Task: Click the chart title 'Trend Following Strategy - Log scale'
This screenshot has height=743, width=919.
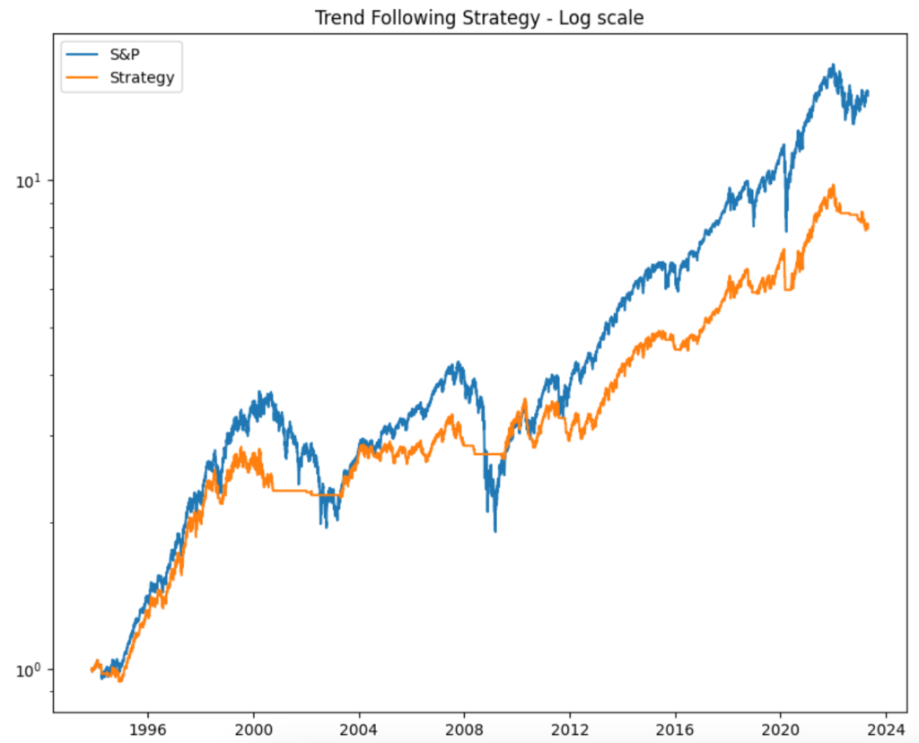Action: point(478,18)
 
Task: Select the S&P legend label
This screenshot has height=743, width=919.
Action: point(125,55)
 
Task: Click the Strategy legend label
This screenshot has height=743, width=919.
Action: point(141,77)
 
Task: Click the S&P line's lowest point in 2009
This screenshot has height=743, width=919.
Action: point(495,531)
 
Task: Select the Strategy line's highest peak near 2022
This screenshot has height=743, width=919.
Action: point(834,186)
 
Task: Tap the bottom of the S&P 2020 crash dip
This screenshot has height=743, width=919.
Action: point(786,232)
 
